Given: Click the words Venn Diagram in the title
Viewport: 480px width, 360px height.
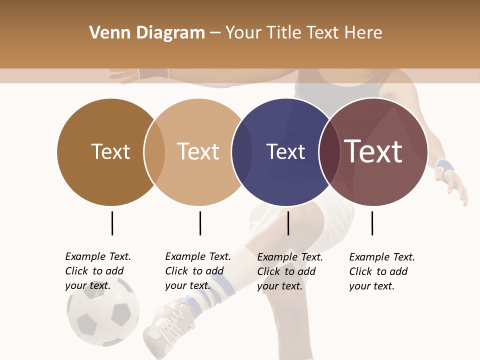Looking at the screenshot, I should [x=147, y=33].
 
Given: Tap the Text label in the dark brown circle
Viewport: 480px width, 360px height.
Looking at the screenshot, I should [x=110, y=151].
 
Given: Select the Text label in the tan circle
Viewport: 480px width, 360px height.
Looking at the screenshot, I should [x=198, y=151].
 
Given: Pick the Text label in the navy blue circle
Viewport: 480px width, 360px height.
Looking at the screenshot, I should [x=285, y=151].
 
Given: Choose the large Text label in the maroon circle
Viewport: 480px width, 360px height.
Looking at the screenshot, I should [x=373, y=151].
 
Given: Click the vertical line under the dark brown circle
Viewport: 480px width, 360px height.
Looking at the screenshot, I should [x=112, y=223].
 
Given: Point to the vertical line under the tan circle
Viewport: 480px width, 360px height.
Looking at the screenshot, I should [x=200, y=223].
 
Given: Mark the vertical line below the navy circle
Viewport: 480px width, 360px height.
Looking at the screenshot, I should [x=288, y=223].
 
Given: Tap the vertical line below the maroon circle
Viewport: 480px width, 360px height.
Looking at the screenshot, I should [x=372, y=223].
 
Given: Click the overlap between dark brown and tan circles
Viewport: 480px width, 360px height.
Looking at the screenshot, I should [x=154, y=151].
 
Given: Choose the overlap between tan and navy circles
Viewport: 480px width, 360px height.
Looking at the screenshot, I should [x=242, y=151].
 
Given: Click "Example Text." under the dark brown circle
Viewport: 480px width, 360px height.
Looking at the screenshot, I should [x=98, y=256].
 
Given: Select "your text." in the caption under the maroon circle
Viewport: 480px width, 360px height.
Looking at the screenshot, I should [x=371, y=286].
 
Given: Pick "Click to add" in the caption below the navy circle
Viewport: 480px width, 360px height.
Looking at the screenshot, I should [x=286, y=271].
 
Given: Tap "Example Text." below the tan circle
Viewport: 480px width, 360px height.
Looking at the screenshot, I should [x=198, y=256].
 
